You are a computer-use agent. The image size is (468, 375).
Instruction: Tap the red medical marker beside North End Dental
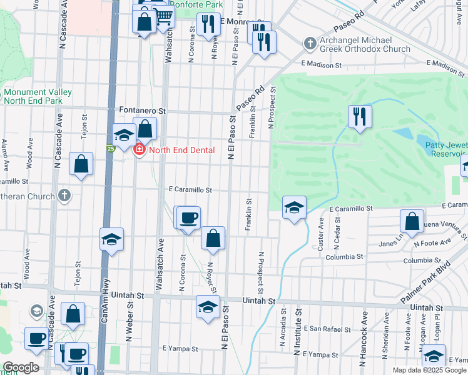[x=138, y=150]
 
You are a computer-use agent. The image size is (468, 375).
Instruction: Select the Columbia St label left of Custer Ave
[x=344, y=256]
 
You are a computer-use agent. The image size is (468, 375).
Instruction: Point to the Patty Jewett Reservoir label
[x=447, y=148]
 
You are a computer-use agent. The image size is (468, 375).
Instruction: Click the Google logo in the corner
[x=21, y=367]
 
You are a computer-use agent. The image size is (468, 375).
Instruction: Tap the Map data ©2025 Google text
[x=429, y=370]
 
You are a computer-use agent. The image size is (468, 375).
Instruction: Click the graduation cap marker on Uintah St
[x=208, y=307]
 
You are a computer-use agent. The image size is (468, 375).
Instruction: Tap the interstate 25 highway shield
[x=110, y=149]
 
